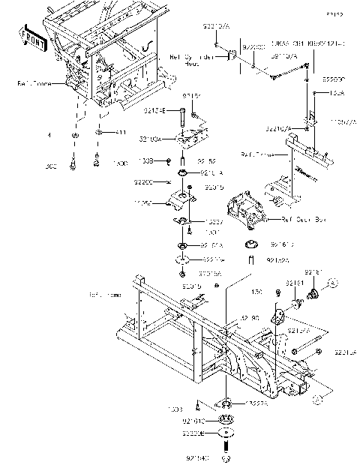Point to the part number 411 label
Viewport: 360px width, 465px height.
click(120, 133)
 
